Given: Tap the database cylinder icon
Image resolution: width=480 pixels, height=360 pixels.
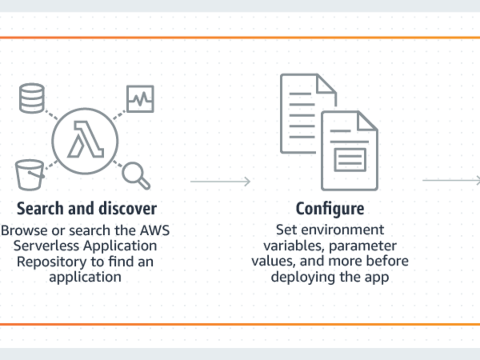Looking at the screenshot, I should (32, 98).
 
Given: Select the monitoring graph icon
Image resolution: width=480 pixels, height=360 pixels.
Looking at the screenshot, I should (140, 99).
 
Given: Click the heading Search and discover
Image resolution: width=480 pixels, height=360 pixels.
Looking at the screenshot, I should (86, 209).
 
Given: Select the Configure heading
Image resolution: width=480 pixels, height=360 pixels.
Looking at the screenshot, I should (329, 209).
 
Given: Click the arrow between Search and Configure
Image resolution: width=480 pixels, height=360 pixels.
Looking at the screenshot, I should (220, 181).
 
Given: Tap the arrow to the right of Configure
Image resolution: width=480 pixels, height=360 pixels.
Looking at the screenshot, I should (450, 180).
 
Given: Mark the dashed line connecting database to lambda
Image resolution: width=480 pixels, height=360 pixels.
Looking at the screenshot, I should (51, 114).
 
